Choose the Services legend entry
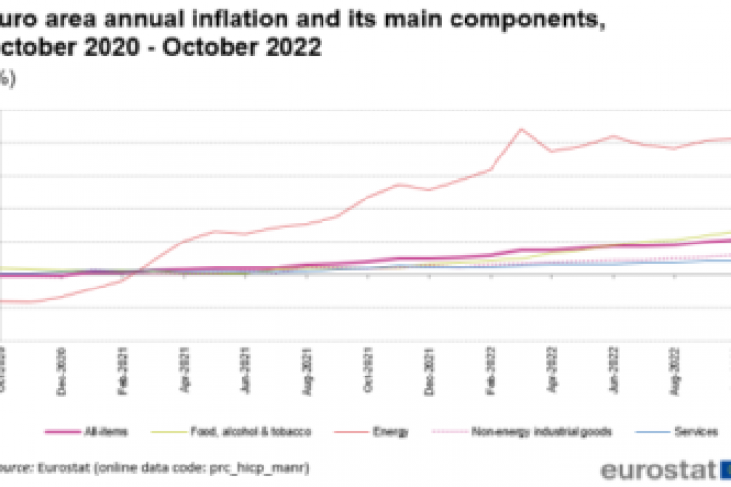(x=698, y=431)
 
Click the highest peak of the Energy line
(x=521, y=129)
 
